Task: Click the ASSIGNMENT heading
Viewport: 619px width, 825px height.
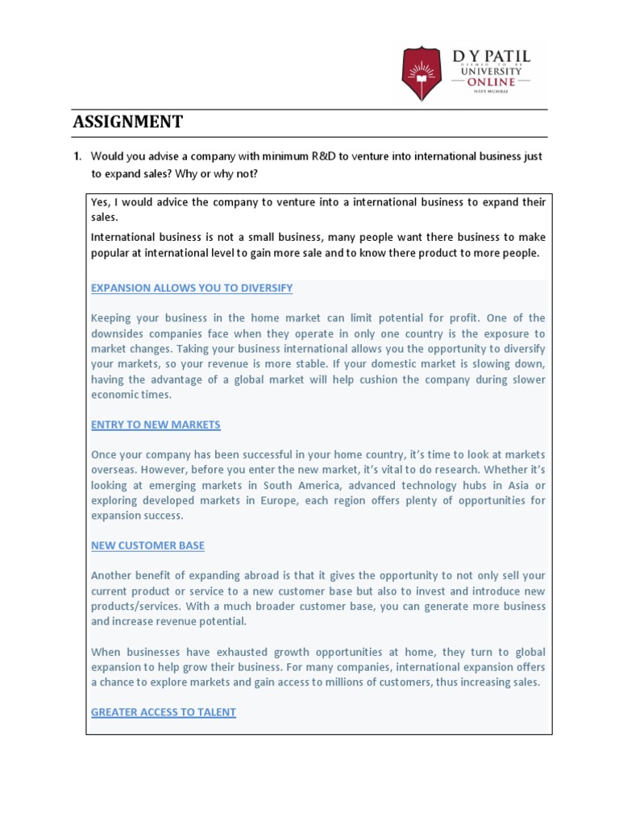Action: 127,122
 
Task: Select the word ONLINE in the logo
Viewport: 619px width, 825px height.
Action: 491,83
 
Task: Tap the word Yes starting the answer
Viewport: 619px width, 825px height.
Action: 100,201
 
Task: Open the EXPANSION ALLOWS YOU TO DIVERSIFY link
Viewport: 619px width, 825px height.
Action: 192,288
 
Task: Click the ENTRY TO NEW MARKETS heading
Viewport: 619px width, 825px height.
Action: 156,425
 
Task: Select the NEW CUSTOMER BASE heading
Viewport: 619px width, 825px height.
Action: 147,545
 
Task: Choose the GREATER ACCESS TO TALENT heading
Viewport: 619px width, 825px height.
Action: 164,712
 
